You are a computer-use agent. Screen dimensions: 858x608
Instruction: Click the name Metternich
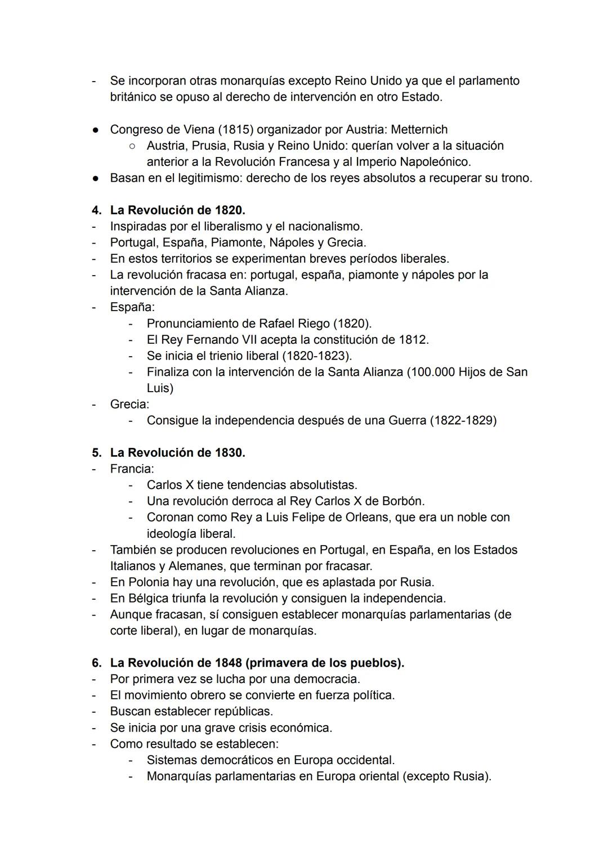tap(419, 129)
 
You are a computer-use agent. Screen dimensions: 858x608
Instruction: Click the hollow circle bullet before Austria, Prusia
tap(131, 146)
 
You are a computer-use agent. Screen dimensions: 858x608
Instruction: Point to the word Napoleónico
tap(435, 162)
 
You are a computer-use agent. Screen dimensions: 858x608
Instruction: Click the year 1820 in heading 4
tap(229, 210)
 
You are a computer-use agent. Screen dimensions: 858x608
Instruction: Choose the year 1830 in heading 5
tap(229, 453)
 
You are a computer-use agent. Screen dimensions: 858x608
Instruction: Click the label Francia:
tap(132, 469)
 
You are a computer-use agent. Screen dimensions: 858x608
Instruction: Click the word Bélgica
tap(148, 598)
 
